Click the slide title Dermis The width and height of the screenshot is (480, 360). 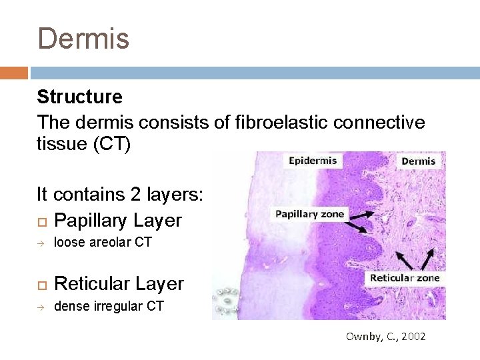pyautogui.click(x=83, y=38)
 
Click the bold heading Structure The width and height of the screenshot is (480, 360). pyautogui.click(x=79, y=97)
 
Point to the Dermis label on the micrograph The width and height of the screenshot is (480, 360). pyautogui.click(x=418, y=161)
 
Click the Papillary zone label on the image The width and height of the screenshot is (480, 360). pyautogui.click(x=310, y=214)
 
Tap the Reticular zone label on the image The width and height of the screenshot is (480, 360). pyautogui.click(x=405, y=277)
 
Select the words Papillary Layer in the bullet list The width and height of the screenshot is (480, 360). pyautogui.click(x=117, y=220)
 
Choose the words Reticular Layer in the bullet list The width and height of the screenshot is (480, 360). pyautogui.click(x=119, y=284)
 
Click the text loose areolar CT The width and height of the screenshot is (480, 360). pyautogui.click(x=103, y=243)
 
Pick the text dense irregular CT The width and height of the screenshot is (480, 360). pyautogui.click(x=108, y=307)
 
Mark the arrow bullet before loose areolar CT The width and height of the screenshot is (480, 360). pyautogui.click(x=41, y=243)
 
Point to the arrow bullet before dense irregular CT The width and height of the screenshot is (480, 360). pyautogui.click(x=41, y=307)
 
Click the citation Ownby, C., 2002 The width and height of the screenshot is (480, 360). pyautogui.click(x=385, y=337)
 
